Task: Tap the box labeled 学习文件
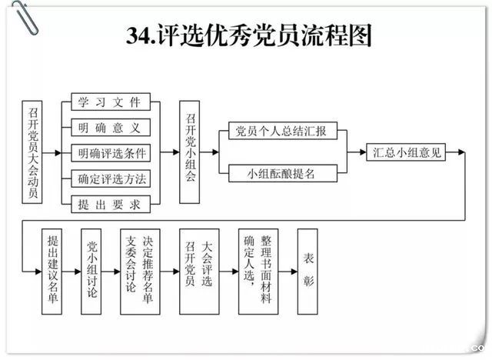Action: (x=110, y=102)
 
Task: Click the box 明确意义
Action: (x=110, y=127)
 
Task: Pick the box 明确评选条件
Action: (x=110, y=152)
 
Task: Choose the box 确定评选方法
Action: (x=110, y=178)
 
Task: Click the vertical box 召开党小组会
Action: (x=191, y=152)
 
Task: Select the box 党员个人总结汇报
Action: (x=283, y=132)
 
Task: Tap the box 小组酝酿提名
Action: (x=283, y=174)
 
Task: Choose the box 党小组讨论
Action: (x=91, y=271)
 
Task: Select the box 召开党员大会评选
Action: (x=198, y=271)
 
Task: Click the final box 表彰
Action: (x=308, y=271)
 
